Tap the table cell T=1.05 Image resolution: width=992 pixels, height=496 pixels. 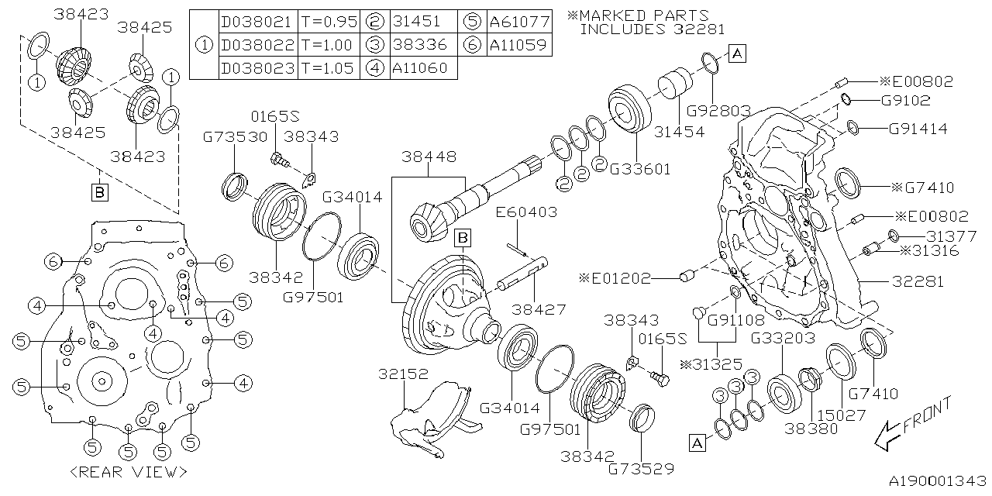(x=326, y=68)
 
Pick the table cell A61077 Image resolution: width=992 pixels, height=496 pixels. (x=519, y=22)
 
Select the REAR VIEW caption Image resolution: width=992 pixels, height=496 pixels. (x=128, y=471)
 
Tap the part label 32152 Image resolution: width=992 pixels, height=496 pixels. (x=403, y=374)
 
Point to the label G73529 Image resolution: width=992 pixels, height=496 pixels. (x=640, y=469)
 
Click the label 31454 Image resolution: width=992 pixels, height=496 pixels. (x=680, y=132)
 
